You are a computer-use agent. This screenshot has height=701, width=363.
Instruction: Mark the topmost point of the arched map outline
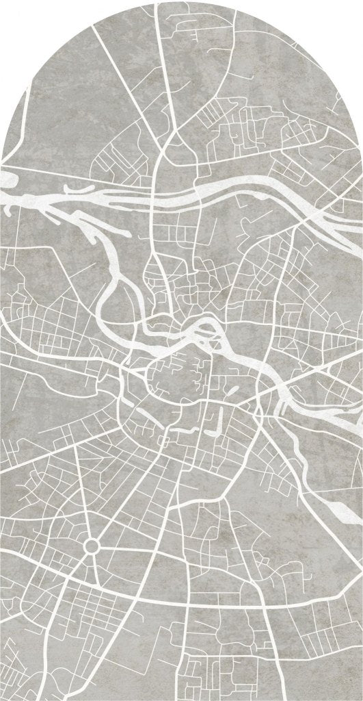point(182,1)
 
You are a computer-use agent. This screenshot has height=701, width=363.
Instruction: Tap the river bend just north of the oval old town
point(205,329)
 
